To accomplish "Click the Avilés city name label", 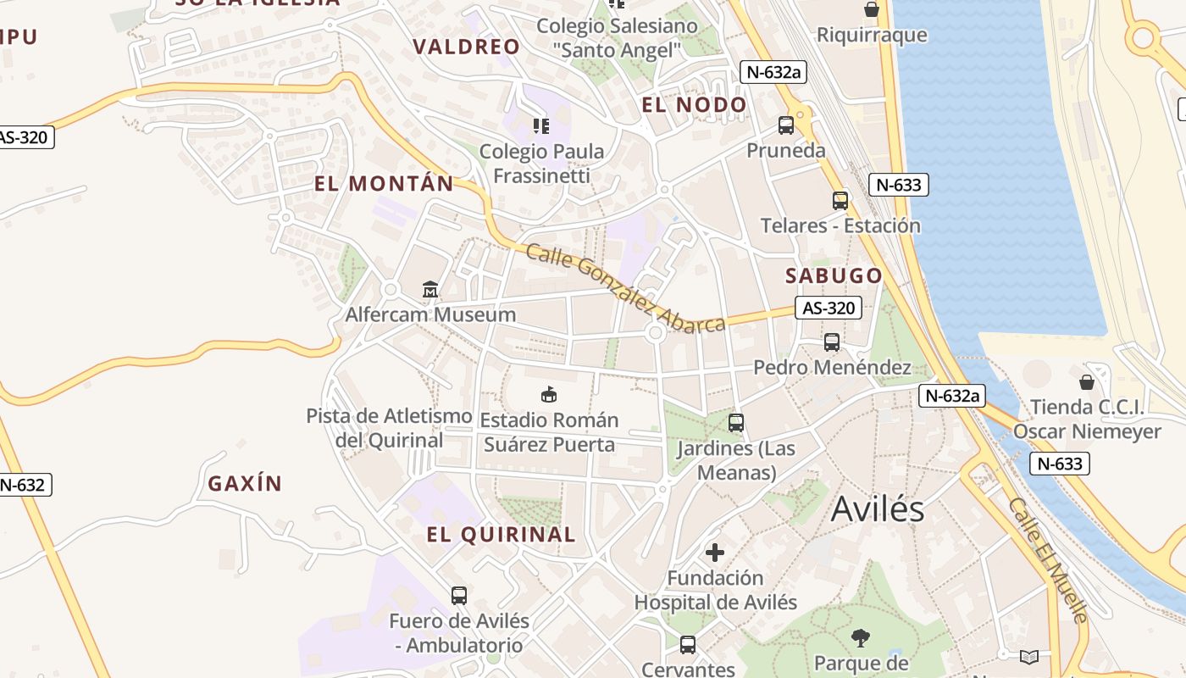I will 878,508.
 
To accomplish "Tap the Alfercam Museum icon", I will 430,290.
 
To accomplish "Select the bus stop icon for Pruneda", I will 786,125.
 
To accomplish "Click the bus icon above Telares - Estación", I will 840,201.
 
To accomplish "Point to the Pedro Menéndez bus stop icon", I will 832,342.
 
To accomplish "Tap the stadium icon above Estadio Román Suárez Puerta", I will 549,394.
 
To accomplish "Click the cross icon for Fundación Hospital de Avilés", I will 715,553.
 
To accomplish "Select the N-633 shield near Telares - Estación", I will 899,185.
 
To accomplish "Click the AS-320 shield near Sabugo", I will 829,308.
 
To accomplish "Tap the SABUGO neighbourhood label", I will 834,275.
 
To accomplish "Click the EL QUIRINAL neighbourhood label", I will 501,535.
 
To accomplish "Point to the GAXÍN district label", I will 245,484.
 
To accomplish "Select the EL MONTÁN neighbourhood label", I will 384,184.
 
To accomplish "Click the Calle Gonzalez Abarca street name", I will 625,288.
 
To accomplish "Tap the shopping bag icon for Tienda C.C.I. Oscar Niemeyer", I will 1086,382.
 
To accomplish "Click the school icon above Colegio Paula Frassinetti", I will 541,126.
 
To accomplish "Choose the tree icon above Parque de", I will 860,636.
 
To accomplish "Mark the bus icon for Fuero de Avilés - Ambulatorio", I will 458,595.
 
